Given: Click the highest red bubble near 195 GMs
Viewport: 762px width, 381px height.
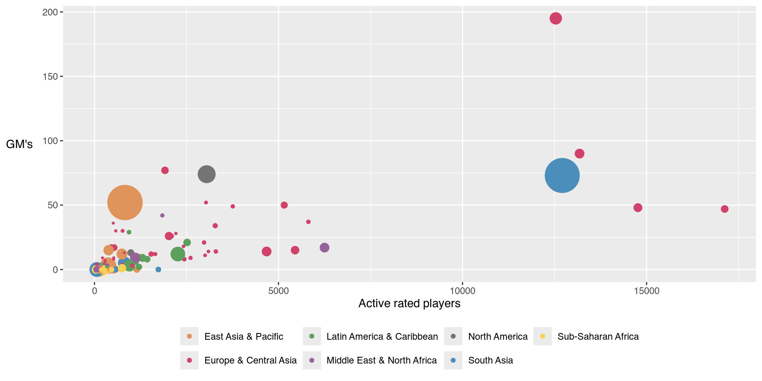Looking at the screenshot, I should pyautogui.click(x=555, y=18).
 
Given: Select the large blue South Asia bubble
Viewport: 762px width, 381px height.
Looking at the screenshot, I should pyautogui.click(x=562, y=175).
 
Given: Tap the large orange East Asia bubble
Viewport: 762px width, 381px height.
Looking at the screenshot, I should pyautogui.click(x=125, y=202).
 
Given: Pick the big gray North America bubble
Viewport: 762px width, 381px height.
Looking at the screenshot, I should pyautogui.click(x=206, y=174).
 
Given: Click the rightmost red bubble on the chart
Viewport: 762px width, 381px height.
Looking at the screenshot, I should pyautogui.click(x=724, y=209).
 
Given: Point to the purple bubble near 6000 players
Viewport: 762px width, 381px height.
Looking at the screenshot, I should pyautogui.click(x=324, y=248).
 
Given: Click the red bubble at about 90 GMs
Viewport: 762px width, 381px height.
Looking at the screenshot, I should pyautogui.click(x=579, y=154).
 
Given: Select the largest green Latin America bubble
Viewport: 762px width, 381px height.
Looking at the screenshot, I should pyautogui.click(x=177, y=254).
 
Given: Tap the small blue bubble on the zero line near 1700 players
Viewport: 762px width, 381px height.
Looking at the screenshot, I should pyautogui.click(x=158, y=269).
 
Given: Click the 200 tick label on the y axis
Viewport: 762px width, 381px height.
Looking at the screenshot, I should pyautogui.click(x=50, y=12).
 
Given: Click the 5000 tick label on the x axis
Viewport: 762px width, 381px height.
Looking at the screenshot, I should pyautogui.click(x=278, y=291).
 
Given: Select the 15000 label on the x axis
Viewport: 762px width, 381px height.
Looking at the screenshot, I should pyautogui.click(x=646, y=291).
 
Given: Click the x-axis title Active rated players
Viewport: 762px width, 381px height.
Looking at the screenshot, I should pyautogui.click(x=409, y=304).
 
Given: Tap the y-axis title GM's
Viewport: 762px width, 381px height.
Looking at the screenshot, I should pyautogui.click(x=19, y=144).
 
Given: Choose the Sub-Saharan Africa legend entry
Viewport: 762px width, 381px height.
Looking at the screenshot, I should pyautogui.click(x=598, y=337).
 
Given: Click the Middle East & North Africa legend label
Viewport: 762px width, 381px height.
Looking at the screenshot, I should pyautogui.click(x=381, y=360).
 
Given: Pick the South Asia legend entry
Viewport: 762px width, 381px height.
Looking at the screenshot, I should pyautogui.click(x=490, y=360).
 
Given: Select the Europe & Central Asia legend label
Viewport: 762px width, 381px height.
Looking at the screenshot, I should pyautogui.click(x=250, y=360).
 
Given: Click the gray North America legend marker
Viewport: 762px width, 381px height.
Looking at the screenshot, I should pyautogui.click(x=453, y=337).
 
